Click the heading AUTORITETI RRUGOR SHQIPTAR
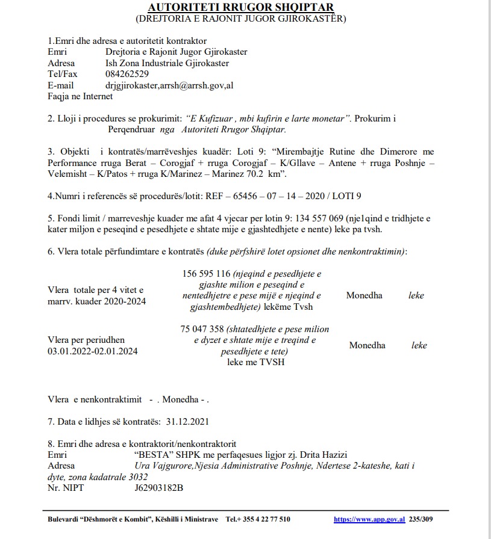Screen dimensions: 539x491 [241, 7]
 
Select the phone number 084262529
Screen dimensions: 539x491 [127, 74]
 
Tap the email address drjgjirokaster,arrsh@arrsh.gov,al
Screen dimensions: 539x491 [169, 85]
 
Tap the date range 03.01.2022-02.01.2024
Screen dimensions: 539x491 [92, 351]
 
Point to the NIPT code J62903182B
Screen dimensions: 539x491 [159, 487]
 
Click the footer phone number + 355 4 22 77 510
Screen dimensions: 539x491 [267, 519]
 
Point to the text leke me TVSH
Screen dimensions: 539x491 [255, 362]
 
